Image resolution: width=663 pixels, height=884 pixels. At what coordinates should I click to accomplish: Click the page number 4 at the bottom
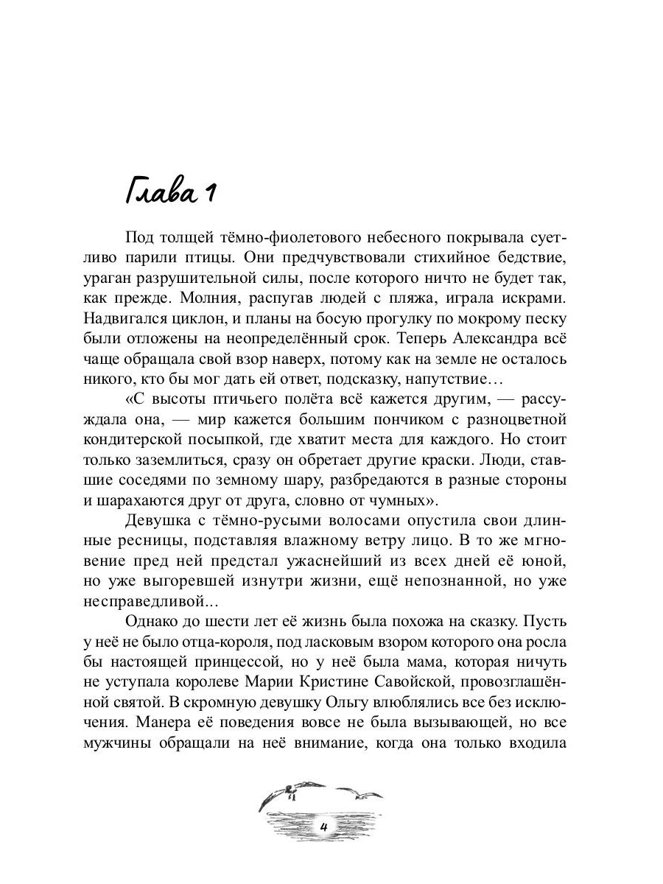(324, 827)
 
